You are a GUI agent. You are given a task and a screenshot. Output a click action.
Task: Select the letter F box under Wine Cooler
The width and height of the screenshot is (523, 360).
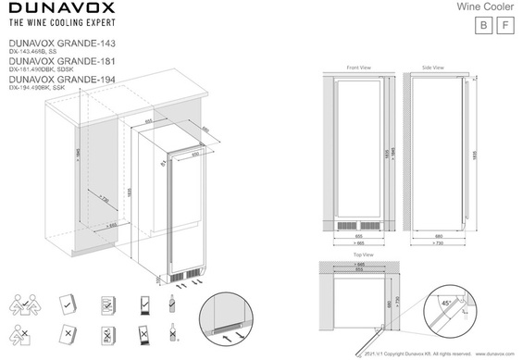tap(504, 25)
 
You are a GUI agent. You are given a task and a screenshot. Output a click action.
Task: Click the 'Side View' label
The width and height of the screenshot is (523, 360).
tap(432, 68)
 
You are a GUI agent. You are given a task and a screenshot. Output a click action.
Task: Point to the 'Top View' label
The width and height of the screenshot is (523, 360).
tap(362, 254)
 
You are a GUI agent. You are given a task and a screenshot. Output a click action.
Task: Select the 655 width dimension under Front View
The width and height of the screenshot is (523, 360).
tap(358, 236)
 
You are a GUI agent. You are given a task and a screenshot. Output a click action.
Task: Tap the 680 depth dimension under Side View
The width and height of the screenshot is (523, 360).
tap(435, 236)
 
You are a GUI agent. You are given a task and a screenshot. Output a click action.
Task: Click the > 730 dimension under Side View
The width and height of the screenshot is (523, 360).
tap(435, 244)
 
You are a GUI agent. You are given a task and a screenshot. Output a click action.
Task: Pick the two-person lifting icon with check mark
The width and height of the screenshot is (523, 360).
tap(24, 304)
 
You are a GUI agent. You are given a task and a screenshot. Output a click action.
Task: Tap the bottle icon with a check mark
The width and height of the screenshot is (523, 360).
tap(172, 304)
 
